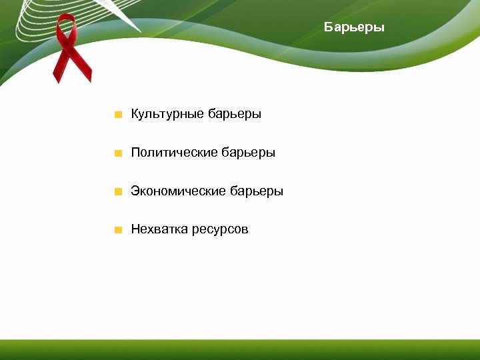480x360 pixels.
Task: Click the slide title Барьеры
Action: coord(354,27)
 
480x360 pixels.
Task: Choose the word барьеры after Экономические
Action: coord(256,191)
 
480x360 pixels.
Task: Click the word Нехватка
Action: coord(159,230)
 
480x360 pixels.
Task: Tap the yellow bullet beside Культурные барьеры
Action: coord(118,115)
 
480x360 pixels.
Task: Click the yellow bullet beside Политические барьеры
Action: coord(118,153)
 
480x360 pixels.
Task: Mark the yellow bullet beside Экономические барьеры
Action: coord(118,192)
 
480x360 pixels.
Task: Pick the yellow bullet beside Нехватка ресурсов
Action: coord(118,231)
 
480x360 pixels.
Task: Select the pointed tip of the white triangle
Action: coord(141,31)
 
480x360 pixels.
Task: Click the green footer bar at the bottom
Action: coord(240,349)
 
